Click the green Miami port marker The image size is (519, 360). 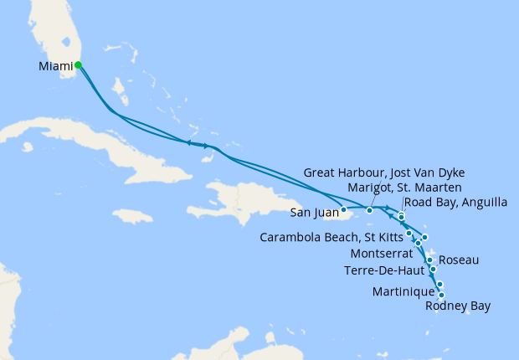[x=78, y=64]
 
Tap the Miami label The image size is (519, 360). [x=55, y=65]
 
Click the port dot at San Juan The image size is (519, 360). [x=344, y=209]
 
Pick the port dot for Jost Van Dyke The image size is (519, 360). [x=369, y=209]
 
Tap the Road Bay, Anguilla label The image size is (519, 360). [x=446, y=202]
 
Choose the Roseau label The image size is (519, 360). [x=459, y=260]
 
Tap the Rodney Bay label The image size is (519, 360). [x=457, y=306]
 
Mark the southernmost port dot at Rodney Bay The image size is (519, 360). [x=441, y=295]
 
